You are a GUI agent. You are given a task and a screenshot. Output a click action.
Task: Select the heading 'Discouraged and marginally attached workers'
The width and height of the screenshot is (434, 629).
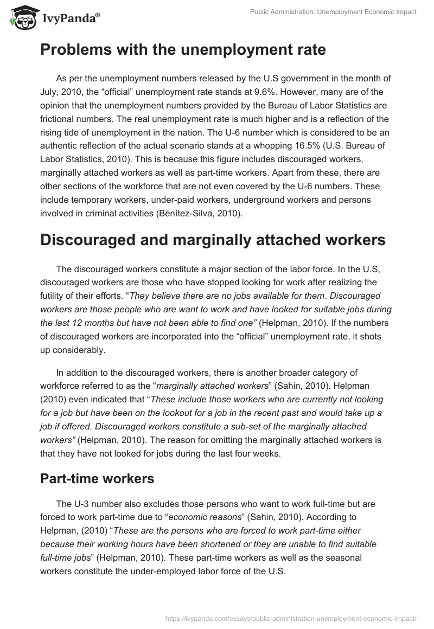(213, 240)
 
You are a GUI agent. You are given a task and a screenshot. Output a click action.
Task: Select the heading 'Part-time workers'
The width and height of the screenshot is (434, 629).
(97, 479)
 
